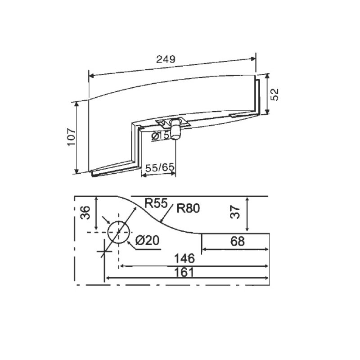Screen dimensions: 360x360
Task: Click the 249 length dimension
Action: [x=166, y=59]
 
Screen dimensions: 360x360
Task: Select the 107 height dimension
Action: [x=72, y=137]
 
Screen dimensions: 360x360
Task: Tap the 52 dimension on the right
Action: [x=274, y=94]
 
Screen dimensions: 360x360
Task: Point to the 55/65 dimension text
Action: [x=160, y=167]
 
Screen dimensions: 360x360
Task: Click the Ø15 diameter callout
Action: [x=160, y=136]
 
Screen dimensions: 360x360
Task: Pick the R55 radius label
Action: [x=156, y=203]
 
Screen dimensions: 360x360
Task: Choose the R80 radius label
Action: [x=188, y=208]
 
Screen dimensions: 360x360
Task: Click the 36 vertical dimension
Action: [x=85, y=213]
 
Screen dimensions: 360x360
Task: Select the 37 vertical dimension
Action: [x=235, y=212]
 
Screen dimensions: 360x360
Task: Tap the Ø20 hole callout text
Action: [x=147, y=241]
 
